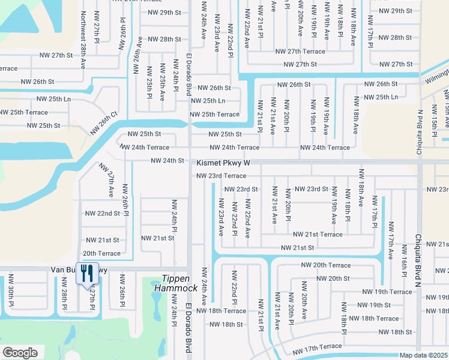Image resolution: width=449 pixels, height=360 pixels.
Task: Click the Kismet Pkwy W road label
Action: [223, 163]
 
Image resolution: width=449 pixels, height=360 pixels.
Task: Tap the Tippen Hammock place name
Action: [179, 284]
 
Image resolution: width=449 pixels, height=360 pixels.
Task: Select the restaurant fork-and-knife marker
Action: [87, 274]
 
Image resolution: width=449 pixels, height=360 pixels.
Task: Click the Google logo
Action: [20, 353]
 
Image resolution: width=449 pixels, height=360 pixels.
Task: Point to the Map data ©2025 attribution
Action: [423, 355]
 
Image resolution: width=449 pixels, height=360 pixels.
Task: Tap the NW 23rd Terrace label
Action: [221, 176]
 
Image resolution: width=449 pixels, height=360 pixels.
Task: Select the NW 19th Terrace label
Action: [387, 292]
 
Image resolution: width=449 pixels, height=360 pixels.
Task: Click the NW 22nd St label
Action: [102, 213]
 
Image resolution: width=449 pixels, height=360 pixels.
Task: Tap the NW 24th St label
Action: [167, 160]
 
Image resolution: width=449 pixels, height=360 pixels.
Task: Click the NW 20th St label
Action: [333, 278]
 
